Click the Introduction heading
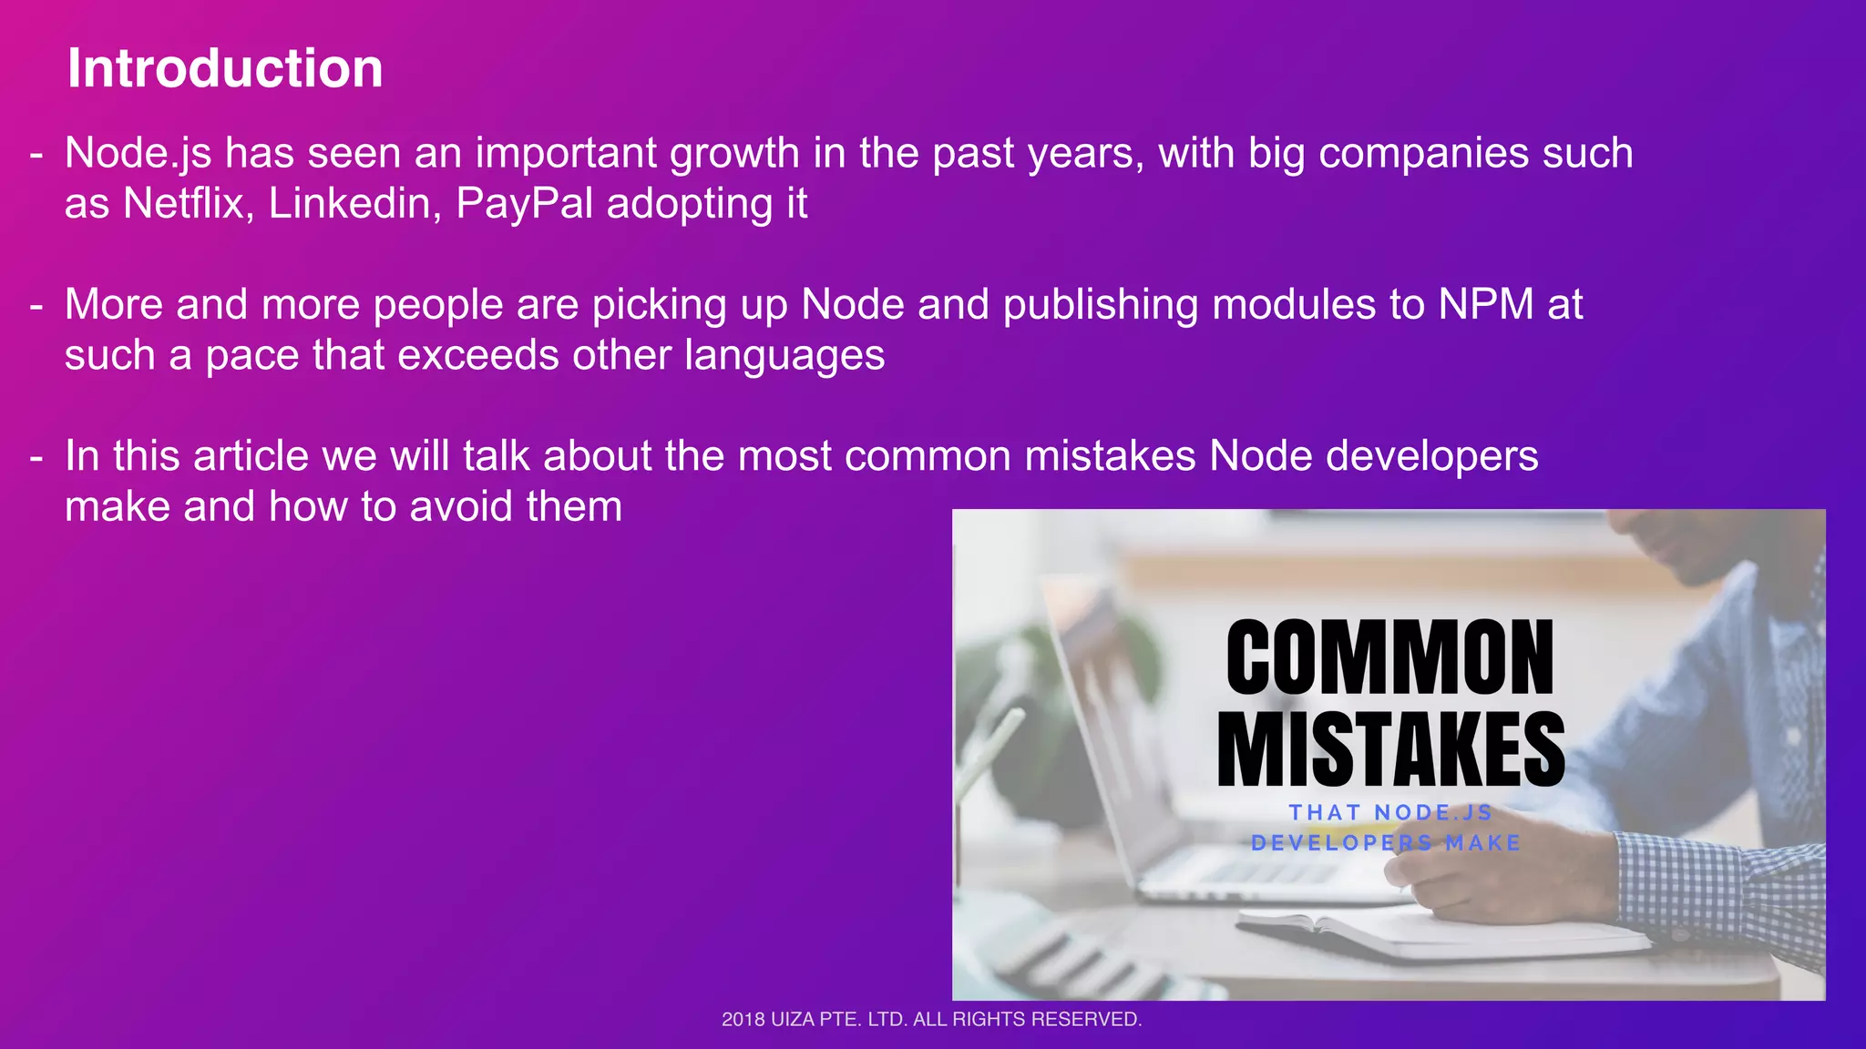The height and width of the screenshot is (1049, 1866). pyautogui.click(x=225, y=68)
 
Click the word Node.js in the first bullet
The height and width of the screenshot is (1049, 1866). pyautogui.click(x=138, y=153)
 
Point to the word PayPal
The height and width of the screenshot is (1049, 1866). pyautogui.click(x=525, y=203)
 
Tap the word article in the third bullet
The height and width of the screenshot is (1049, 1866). pyautogui.click(x=251, y=456)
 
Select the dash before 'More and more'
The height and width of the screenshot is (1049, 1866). pyautogui.click(x=36, y=305)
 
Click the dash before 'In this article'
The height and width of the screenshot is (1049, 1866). pyautogui.click(x=36, y=457)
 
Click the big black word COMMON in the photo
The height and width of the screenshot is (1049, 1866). pyautogui.click(x=1389, y=657)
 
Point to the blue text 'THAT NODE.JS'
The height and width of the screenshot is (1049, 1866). pyautogui.click(x=1390, y=812)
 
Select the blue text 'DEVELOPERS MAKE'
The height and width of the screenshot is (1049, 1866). pyautogui.click(x=1386, y=843)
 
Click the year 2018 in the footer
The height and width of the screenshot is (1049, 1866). pyautogui.click(x=743, y=1020)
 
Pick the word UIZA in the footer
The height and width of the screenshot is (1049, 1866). pyautogui.click(x=793, y=1020)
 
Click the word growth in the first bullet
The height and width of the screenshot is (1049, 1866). pyautogui.click(x=734, y=153)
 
